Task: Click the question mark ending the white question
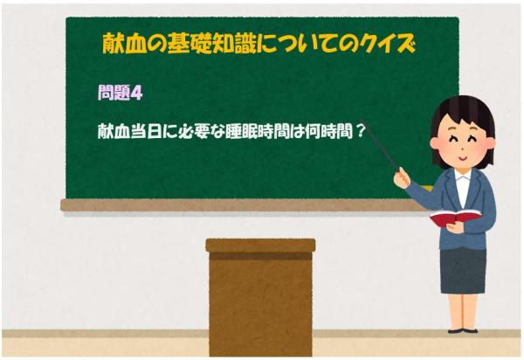click(x=358, y=128)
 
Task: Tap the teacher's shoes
click(x=461, y=330)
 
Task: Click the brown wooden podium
click(x=260, y=297)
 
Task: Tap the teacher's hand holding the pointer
click(x=402, y=178)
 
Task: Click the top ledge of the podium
click(x=260, y=246)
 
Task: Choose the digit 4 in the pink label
click(x=135, y=91)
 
